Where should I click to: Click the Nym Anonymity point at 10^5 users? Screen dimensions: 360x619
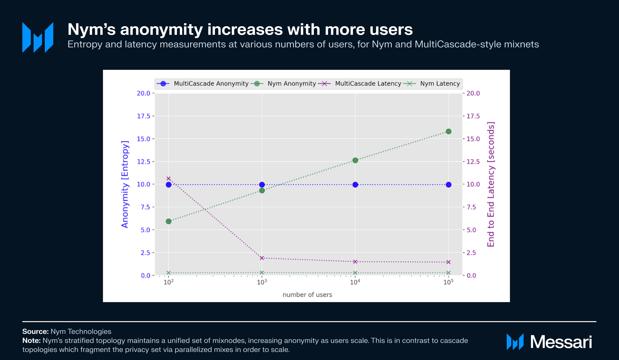coord(449,131)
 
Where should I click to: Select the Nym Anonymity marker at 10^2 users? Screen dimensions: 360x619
coord(169,221)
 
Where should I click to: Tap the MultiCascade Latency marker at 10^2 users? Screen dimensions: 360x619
coord(169,179)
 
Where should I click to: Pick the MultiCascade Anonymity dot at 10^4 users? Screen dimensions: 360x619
coord(355,185)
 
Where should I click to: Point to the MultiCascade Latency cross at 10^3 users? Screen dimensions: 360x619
coord(262,258)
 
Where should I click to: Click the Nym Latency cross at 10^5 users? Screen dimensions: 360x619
coord(449,273)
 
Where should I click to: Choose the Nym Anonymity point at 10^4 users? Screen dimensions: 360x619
coord(355,160)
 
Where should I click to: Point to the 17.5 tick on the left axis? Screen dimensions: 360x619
coord(144,116)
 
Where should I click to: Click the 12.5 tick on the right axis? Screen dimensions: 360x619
coord(473,162)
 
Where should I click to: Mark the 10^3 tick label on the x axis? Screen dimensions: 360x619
coord(262,282)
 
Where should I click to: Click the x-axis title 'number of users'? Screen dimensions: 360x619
coord(307,295)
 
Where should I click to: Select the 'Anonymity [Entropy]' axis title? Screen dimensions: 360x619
coord(125,184)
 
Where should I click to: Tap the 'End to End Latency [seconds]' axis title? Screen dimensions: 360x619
coord(491,184)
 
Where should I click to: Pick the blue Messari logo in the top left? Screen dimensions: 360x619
coord(38,38)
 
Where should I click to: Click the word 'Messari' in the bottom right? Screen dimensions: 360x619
coord(561,342)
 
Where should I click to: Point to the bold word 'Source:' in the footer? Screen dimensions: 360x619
coord(35,331)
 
